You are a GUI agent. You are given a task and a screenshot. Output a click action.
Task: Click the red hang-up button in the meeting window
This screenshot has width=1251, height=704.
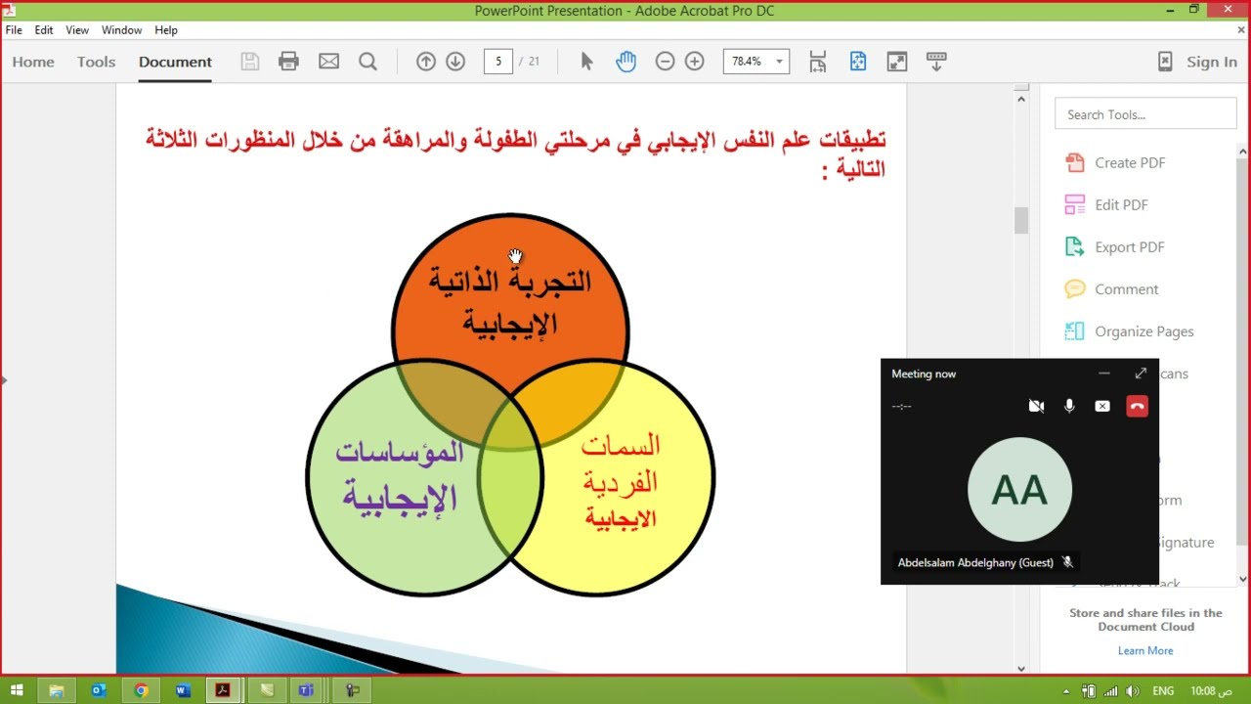point(1137,406)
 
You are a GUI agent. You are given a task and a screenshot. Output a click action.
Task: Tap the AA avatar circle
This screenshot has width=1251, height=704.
point(1019,490)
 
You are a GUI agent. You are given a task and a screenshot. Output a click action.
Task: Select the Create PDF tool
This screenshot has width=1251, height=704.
point(1129,163)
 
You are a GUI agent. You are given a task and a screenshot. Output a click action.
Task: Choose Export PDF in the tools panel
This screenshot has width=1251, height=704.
point(1129,247)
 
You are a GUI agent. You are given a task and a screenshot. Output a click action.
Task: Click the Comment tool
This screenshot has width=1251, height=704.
point(1126,289)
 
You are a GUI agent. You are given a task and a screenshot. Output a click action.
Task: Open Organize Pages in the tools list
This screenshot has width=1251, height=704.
point(1143,331)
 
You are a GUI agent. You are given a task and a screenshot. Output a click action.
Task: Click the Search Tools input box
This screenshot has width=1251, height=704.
point(1145,114)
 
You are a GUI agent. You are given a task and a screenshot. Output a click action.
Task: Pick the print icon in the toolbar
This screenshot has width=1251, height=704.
point(288,62)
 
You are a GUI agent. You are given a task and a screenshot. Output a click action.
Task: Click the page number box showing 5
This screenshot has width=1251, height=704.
point(498,62)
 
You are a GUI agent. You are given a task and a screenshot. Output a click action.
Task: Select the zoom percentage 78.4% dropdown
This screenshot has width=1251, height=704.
point(755,62)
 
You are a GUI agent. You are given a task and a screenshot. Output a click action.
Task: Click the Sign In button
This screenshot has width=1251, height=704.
point(1211,62)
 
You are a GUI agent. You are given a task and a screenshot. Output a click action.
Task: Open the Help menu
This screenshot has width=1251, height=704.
point(166,30)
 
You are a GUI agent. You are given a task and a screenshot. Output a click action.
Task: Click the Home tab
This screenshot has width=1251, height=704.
point(33,62)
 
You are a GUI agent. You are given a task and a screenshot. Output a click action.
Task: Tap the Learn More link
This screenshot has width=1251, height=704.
point(1145,650)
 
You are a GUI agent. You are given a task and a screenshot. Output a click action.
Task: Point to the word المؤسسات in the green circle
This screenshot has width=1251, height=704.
point(400,452)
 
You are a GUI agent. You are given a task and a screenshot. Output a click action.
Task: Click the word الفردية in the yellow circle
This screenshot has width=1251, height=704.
point(621,482)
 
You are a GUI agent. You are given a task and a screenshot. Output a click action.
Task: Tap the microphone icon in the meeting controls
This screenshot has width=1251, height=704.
point(1069,406)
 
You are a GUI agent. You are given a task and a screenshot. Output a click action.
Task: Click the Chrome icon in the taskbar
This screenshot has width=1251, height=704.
point(141,690)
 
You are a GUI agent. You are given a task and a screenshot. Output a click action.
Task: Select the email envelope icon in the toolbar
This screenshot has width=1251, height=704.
point(328,62)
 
